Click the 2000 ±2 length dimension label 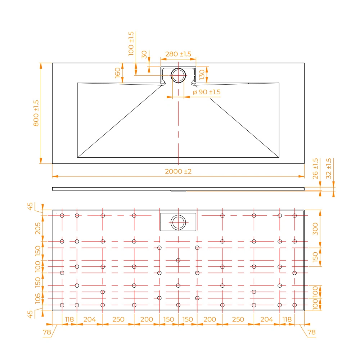click(x=178, y=171)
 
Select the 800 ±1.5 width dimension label click(x=36, y=113)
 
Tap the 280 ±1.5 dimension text click(x=178, y=54)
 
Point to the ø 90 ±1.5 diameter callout click(x=207, y=92)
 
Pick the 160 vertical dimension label click(x=118, y=73)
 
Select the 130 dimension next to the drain click(x=202, y=75)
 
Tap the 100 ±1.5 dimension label click(x=131, y=44)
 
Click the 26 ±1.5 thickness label click(x=315, y=168)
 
